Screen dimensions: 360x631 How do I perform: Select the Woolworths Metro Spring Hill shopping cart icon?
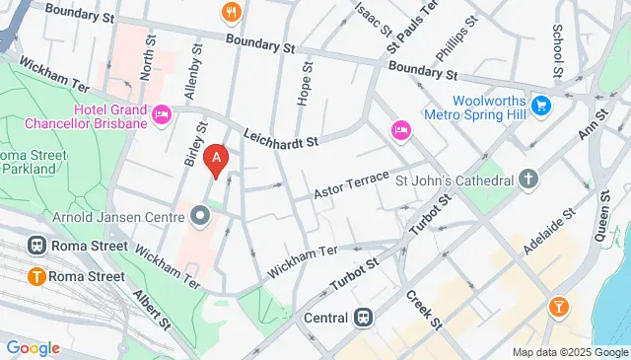[x=540, y=105]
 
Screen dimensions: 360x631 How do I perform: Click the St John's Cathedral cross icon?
[x=529, y=180]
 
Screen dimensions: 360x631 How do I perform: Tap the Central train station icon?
[x=364, y=318]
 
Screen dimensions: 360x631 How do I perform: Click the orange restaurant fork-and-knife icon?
[x=232, y=11]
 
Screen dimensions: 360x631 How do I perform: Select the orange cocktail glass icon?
[x=559, y=308]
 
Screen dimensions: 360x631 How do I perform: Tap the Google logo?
[x=33, y=347]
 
